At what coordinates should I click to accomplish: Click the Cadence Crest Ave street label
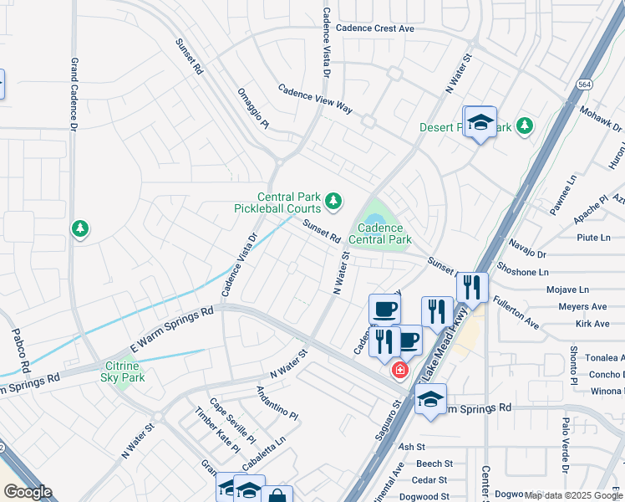374,28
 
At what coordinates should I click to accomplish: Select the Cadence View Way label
315,99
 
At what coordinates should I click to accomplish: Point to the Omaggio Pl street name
253,109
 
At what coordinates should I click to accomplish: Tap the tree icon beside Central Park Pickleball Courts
333,200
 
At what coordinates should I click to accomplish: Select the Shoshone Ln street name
522,272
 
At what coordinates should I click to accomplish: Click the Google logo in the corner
28,491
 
